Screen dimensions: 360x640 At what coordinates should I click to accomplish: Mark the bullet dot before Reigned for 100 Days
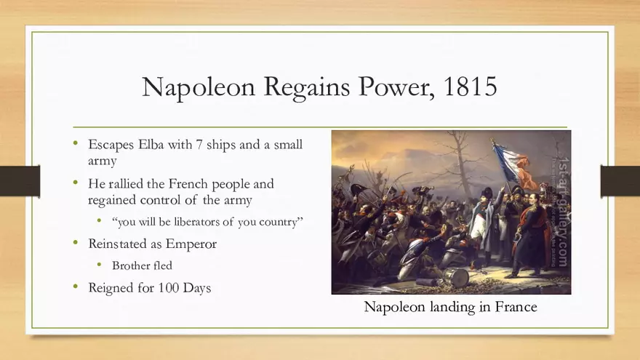[76, 287]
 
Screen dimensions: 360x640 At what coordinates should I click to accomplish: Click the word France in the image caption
[516, 307]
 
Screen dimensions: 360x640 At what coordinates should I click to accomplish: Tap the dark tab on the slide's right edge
[620, 180]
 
